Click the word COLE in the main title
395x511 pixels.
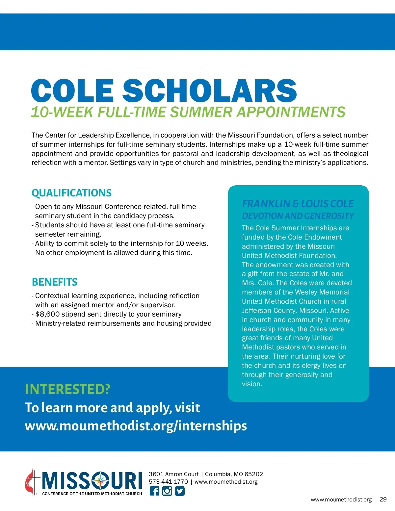(73, 90)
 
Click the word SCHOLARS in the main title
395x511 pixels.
(210, 90)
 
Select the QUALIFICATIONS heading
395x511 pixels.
(71, 193)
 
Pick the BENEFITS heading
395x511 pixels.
(55, 282)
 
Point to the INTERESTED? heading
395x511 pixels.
(67, 389)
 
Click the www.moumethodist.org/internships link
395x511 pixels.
(136, 426)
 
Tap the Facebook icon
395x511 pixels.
(154, 491)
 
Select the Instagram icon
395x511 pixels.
(167, 491)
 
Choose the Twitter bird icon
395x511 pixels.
(179, 491)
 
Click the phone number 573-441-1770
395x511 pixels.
(168, 482)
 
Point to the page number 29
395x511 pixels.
(383, 499)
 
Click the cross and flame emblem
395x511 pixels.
(31, 482)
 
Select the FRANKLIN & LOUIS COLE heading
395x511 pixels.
(298, 204)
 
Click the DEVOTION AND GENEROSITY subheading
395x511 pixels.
(298, 216)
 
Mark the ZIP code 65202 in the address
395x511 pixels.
(254, 474)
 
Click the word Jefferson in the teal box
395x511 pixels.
(255, 311)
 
